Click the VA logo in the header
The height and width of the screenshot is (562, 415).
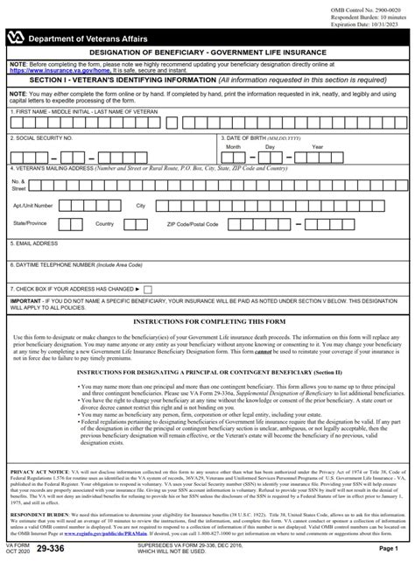tap(18, 39)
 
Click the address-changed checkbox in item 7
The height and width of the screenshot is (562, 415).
tap(147, 288)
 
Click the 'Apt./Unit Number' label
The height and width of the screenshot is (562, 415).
tap(33, 205)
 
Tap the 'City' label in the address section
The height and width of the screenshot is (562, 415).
tap(140, 205)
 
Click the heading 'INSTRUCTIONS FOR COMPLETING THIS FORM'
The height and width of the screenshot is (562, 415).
tap(207, 324)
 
